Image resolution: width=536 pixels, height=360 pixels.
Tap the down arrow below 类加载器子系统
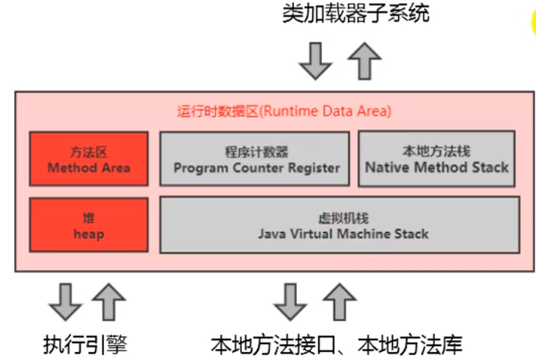(x=316, y=60)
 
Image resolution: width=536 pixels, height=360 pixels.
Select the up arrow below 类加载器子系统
(x=364, y=60)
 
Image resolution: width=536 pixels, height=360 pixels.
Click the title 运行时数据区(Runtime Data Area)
(x=284, y=111)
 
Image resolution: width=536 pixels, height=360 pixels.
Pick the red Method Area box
(x=88, y=159)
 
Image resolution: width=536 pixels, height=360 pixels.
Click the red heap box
(x=88, y=226)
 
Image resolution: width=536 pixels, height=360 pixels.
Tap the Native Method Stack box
(x=437, y=159)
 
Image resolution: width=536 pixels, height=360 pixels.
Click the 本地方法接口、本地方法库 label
(x=337, y=342)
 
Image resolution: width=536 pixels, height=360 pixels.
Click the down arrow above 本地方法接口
(x=290, y=301)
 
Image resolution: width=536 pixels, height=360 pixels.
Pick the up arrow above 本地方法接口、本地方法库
(x=339, y=301)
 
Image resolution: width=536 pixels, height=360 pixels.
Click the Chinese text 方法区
(x=89, y=153)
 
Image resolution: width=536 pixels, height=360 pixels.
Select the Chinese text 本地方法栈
(x=437, y=152)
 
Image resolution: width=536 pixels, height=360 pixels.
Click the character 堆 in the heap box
(x=88, y=218)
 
